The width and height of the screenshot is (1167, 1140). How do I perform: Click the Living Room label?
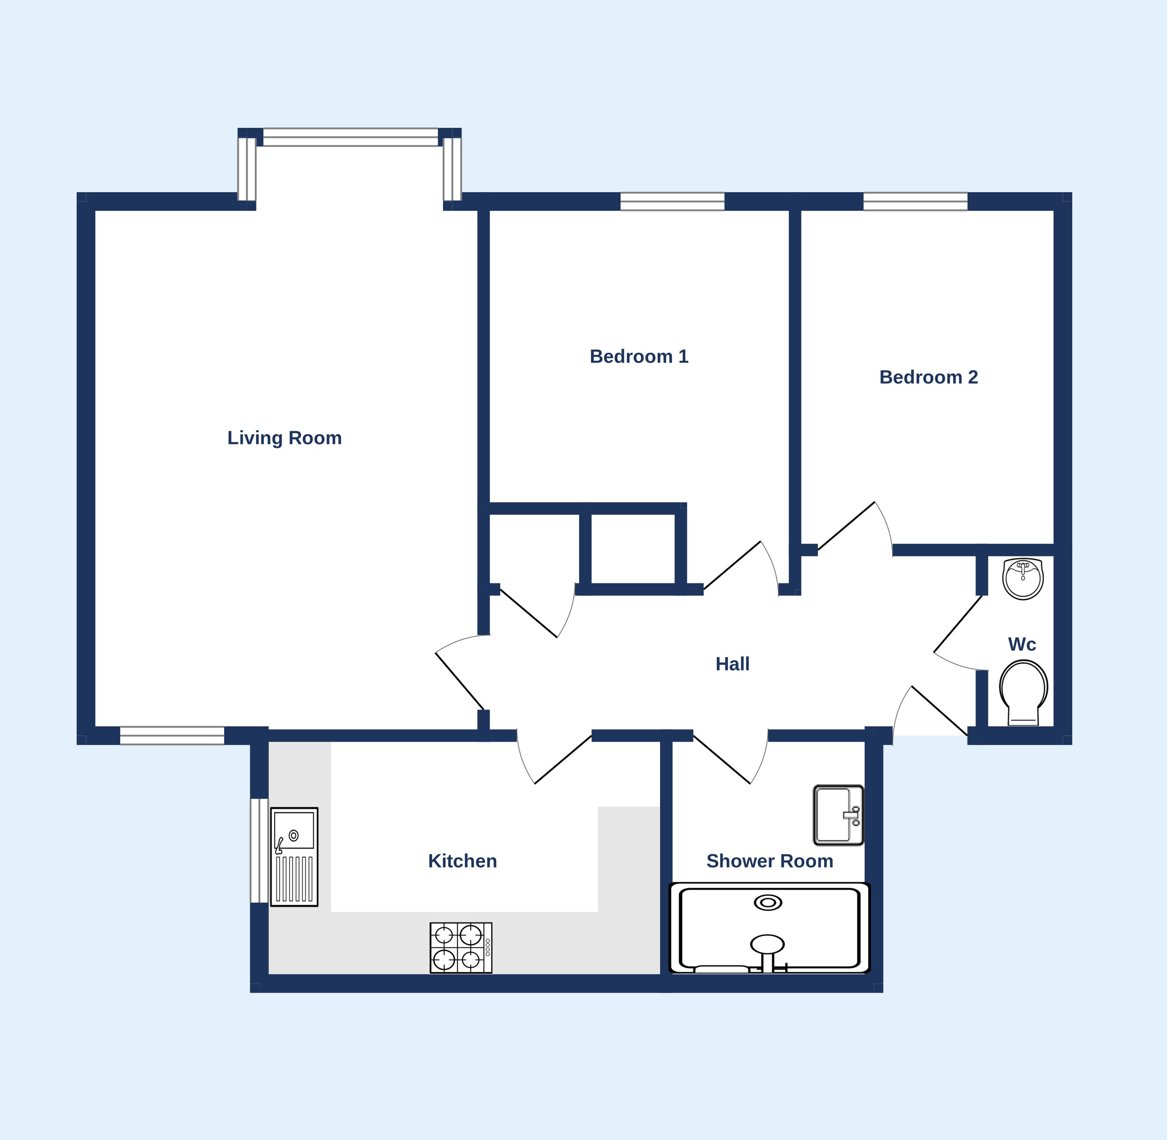(285, 438)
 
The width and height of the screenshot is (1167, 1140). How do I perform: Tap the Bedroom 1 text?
(639, 357)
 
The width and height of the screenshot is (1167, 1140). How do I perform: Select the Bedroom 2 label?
(929, 377)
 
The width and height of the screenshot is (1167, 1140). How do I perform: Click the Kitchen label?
(462, 861)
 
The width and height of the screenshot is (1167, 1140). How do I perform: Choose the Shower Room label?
(770, 861)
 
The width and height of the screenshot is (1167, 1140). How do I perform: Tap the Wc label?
(1022, 644)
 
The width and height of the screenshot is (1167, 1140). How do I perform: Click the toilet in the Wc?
(1023, 693)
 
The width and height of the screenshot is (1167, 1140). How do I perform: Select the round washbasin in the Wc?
(1023, 579)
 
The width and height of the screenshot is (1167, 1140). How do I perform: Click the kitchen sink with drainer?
(294, 857)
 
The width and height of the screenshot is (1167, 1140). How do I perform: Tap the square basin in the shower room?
(838, 815)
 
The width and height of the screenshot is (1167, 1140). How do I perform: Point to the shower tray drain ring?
(768, 903)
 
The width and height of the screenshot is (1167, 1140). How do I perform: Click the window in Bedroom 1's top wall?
(672, 202)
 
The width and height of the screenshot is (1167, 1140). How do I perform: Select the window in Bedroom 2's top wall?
(915, 202)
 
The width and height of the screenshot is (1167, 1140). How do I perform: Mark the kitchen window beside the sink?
(259, 851)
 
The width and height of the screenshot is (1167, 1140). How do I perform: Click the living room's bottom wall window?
(172, 736)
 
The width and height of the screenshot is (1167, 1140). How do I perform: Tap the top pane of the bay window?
(351, 137)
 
